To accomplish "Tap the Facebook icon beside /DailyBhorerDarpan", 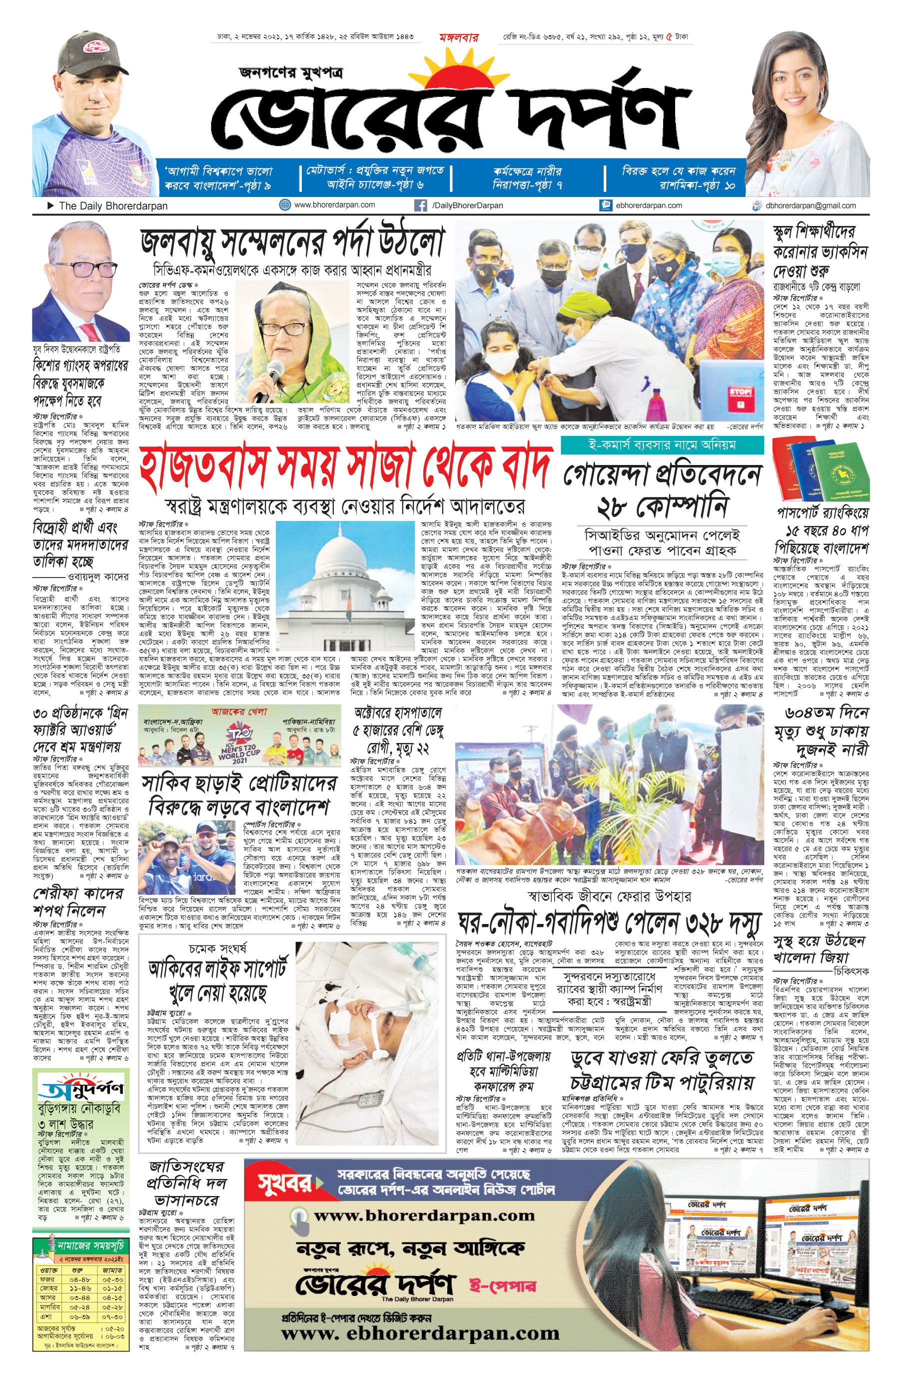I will click(420, 205).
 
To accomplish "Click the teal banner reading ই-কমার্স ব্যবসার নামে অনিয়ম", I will click(662, 445).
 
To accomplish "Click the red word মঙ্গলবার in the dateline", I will click(459, 38).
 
